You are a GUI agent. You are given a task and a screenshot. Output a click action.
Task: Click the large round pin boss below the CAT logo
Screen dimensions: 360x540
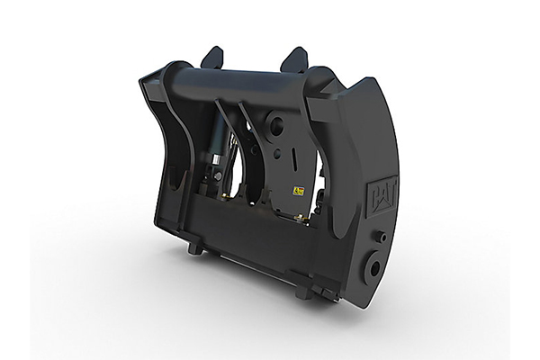tap(371, 268)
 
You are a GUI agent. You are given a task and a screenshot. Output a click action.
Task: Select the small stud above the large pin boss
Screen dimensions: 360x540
tap(381, 237)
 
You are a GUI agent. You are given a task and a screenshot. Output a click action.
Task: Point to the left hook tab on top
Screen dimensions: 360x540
tap(212, 58)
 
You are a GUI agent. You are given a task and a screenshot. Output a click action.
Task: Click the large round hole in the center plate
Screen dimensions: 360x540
tap(276, 125)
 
